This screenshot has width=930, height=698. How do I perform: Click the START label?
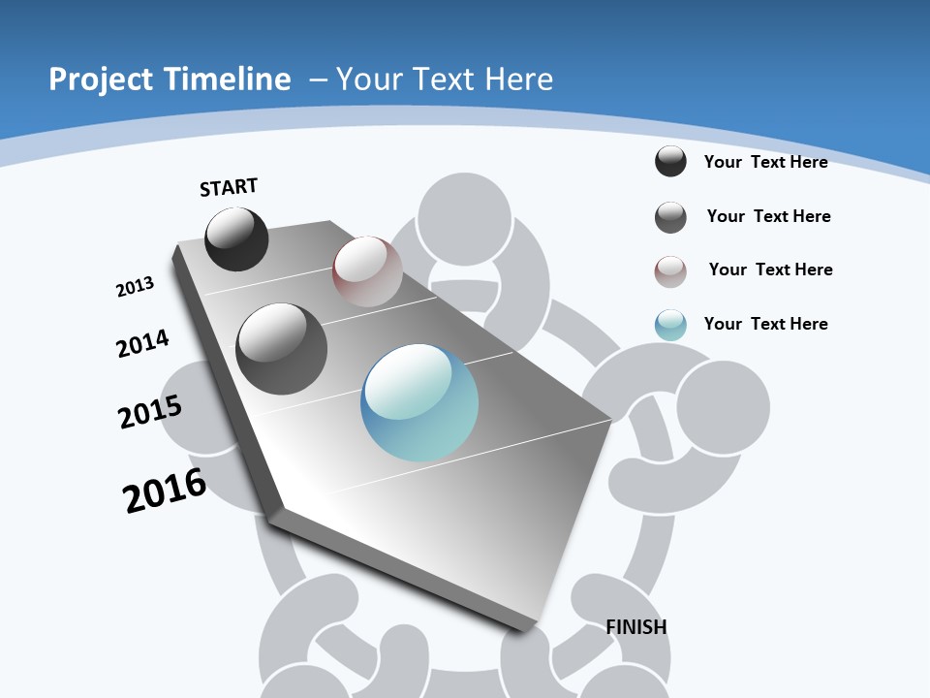229,187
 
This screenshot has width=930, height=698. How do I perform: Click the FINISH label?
636,627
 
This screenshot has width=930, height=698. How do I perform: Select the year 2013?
135,287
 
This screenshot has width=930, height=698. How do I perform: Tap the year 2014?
142,344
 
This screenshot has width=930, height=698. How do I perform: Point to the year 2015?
150,412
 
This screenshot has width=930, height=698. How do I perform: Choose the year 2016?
165,491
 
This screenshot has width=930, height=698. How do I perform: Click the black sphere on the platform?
236,239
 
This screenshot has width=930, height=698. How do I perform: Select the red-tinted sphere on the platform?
367,271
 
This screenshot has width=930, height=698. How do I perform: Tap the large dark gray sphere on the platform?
282,349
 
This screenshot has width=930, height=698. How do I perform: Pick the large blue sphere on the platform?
419,402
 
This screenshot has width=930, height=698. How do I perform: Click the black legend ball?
670,161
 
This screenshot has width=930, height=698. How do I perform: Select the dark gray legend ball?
670,217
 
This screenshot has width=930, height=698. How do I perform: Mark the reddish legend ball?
670,271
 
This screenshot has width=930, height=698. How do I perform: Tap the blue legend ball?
670,325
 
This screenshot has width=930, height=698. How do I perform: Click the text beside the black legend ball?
765,162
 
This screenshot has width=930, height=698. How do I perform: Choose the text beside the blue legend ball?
765,324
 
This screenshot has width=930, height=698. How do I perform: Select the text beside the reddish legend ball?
770,270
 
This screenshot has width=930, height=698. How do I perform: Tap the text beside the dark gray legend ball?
768,216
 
